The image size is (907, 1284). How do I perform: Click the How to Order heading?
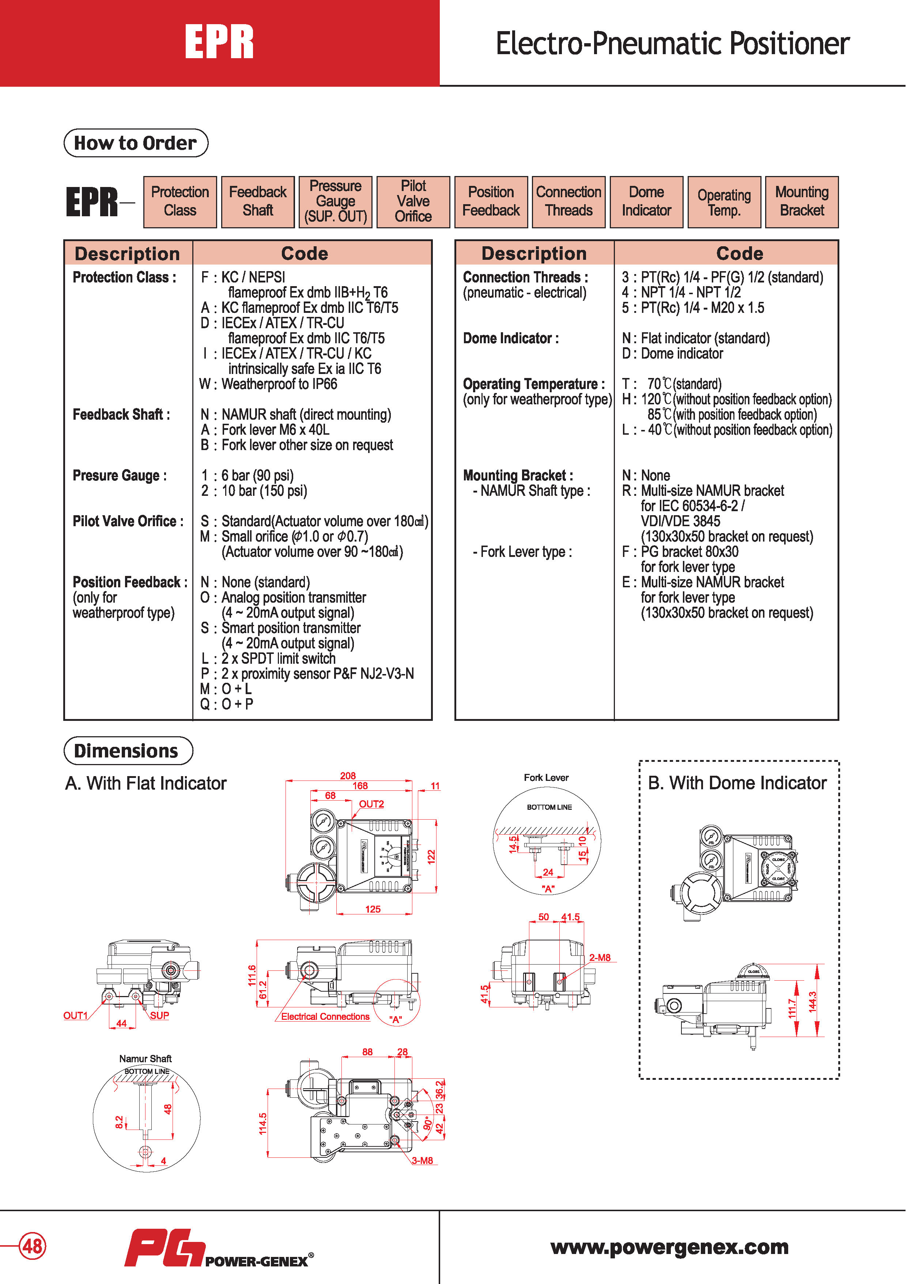(x=136, y=143)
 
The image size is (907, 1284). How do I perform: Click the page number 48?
(x=32, y=1246)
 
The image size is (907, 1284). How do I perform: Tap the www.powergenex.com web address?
(x=669, y=1247)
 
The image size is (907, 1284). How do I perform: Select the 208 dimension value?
(x=348, y=776)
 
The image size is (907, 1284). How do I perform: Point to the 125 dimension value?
(x=373, y=909)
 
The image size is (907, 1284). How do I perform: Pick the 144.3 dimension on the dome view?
(x=813, y=1001)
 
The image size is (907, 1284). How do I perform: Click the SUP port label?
(x=159, y=1015)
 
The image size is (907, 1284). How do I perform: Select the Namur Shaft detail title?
(x=145, y=1059)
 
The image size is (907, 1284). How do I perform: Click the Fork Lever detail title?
(x=546, y=777)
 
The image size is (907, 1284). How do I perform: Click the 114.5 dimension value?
(x=262, y=1123)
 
